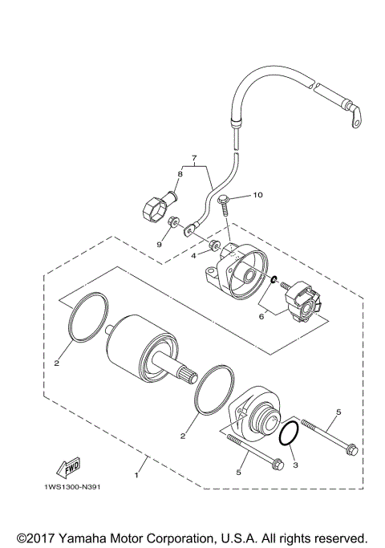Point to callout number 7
coord(193,158)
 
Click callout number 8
coord(180,173)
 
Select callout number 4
coord(193,256)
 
